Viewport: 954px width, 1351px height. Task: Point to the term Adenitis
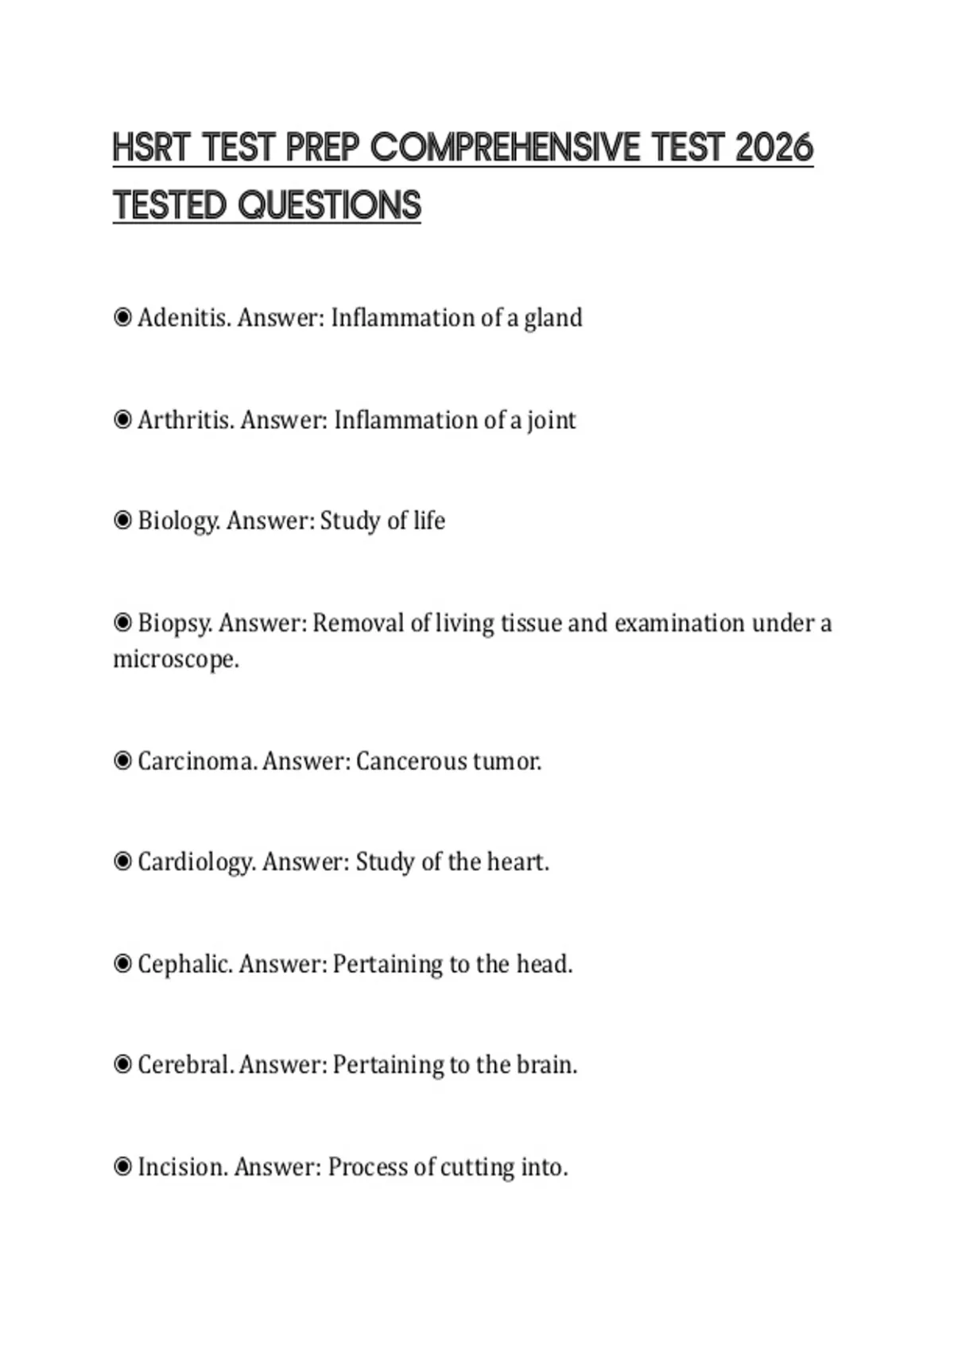(184, 318)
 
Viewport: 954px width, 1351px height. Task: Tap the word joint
(551, 420)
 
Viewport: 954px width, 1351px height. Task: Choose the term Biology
(179, 521)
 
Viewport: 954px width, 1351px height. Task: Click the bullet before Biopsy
(122, 623)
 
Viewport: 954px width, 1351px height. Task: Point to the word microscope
(174, 660)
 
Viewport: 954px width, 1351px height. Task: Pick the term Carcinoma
(196, 761)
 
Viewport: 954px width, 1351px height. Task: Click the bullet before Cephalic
(122, 964)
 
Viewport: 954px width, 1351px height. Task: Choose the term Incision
(183, 1167)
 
